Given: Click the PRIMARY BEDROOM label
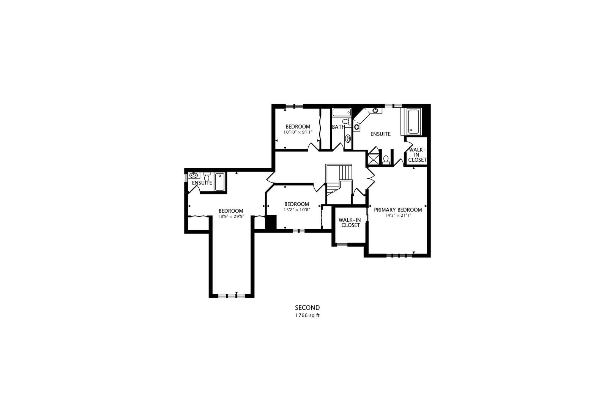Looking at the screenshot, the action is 398,210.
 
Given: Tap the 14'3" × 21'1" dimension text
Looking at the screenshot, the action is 398,216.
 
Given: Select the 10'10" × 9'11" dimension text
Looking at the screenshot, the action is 298,132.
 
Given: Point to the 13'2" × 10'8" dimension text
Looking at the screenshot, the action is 296,210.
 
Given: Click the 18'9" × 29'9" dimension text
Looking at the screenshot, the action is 231,216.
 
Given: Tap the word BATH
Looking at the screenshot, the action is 338,127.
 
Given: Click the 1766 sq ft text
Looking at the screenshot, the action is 307,315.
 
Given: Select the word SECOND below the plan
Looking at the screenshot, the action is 307,307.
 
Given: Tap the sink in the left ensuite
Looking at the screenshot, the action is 194,175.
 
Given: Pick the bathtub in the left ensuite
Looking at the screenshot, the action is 220,181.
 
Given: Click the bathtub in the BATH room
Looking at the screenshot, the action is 342,112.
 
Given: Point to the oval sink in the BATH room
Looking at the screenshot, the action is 348,139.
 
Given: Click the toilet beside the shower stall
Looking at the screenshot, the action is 386,160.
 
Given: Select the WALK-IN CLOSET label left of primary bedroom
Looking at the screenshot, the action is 350,222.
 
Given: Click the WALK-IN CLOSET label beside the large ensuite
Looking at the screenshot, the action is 417,155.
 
